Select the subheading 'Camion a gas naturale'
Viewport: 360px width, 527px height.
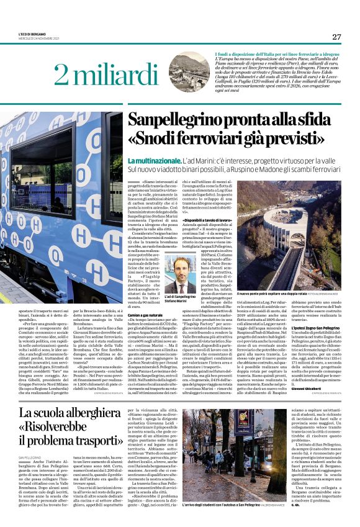[157, 315]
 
